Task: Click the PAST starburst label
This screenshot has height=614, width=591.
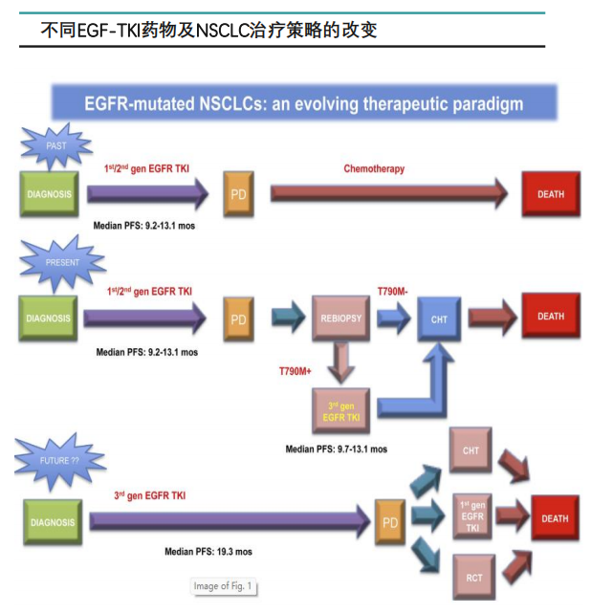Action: pos(56,146)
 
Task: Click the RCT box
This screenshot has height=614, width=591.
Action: pos(471,577)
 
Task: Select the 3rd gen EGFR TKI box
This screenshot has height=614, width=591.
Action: pos(341,413)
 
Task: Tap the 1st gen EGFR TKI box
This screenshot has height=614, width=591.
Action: pos(471,516)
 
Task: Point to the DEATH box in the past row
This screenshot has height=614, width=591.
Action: pos(551,195)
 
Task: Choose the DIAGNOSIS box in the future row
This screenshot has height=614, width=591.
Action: pos(52,522)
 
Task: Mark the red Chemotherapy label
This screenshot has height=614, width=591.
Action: pos(374,169)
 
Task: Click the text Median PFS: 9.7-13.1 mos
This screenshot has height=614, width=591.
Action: pos(338,449)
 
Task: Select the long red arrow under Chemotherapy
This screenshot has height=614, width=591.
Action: pos(388,194)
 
